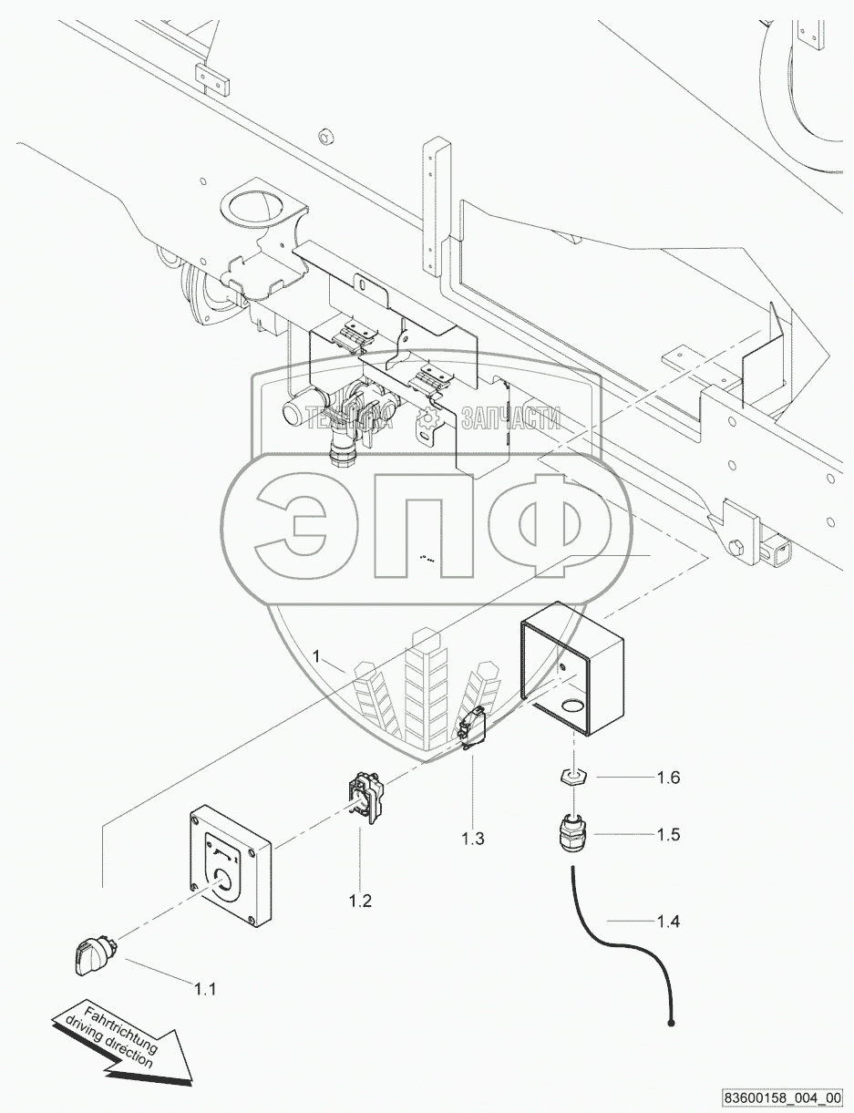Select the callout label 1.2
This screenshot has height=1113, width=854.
click(x=360, y=902)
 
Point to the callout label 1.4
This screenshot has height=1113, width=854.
click(x=668, y=922)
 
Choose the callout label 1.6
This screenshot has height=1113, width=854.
click(x=668, y=778)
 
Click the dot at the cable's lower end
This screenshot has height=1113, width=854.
click(x=672, y=1025)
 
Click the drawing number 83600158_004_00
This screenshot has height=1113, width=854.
click(x=784, y=1098)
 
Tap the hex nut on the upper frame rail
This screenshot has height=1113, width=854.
click(x=325, y=139)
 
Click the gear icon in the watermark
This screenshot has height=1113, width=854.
click(x=426, y=418)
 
